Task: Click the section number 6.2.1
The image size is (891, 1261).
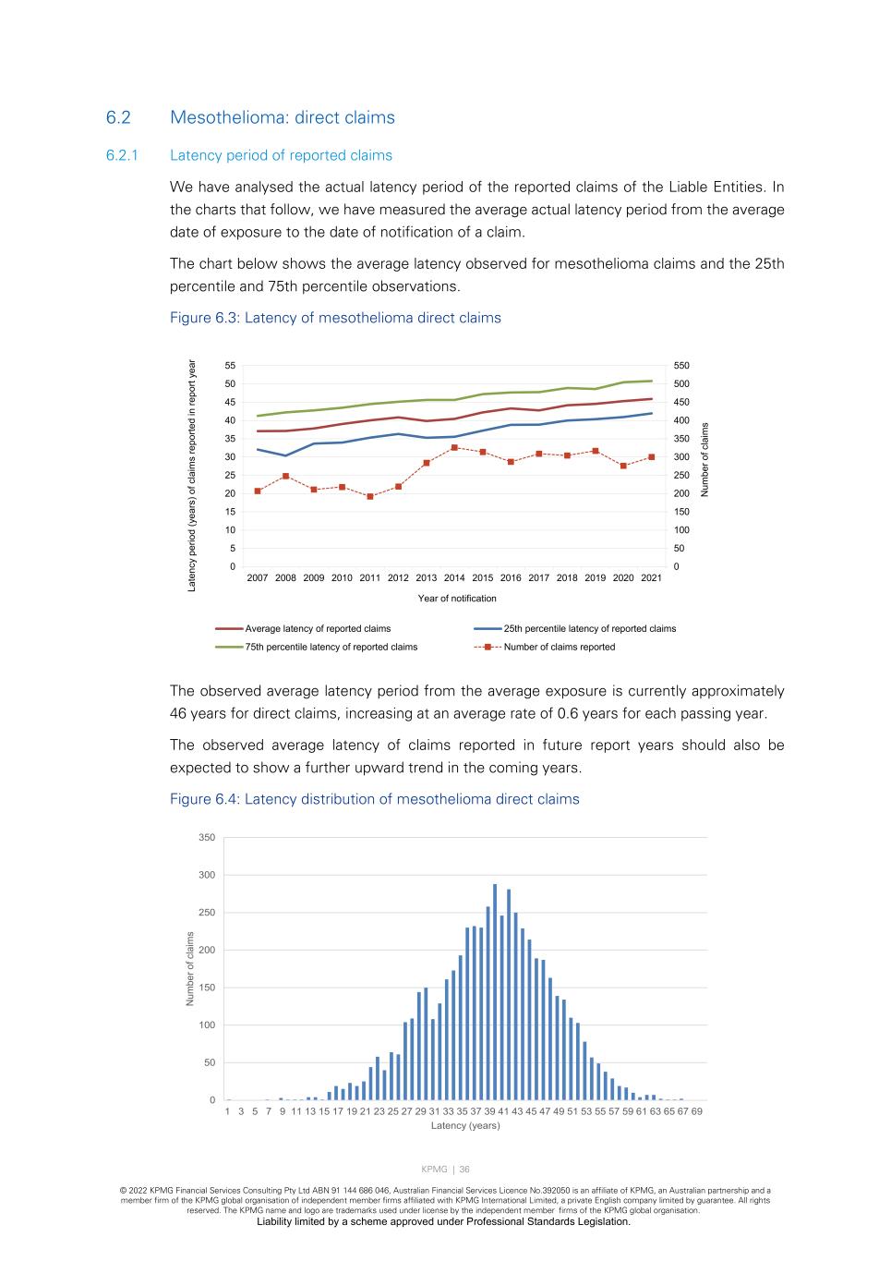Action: [x=122, y=155]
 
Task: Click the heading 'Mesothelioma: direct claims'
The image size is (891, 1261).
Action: [x=282, y=117]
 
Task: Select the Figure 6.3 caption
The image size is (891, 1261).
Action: [x=335, y=318]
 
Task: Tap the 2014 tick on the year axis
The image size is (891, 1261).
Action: [x=454, y=578]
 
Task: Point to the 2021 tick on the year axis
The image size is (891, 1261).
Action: [x=651, y=578]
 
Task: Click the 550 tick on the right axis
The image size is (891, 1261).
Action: [x=681, y=366]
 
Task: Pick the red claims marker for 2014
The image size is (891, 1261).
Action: [x=454, y=448]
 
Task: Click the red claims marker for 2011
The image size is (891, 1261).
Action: [x=370, y=496]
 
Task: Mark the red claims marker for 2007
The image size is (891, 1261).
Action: [x=258, y=491]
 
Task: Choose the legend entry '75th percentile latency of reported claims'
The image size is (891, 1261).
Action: [x=331, y=647]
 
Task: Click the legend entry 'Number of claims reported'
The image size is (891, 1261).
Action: [x=559, y=647]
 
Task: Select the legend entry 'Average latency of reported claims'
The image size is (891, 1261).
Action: [x=318, y=628]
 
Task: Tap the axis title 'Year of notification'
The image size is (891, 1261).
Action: [x=457, y=599]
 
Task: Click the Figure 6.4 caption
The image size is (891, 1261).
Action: [x=374, y=799]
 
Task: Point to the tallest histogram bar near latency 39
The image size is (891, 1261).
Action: [x=495, y=991]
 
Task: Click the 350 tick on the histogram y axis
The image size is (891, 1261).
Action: [x=206, y=838]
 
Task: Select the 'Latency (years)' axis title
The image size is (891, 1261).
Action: [x=465, y=1125]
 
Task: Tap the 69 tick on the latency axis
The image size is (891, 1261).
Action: [x=696, y=1111]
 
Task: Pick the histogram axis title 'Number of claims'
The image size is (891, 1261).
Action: [x=190, y=969]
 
